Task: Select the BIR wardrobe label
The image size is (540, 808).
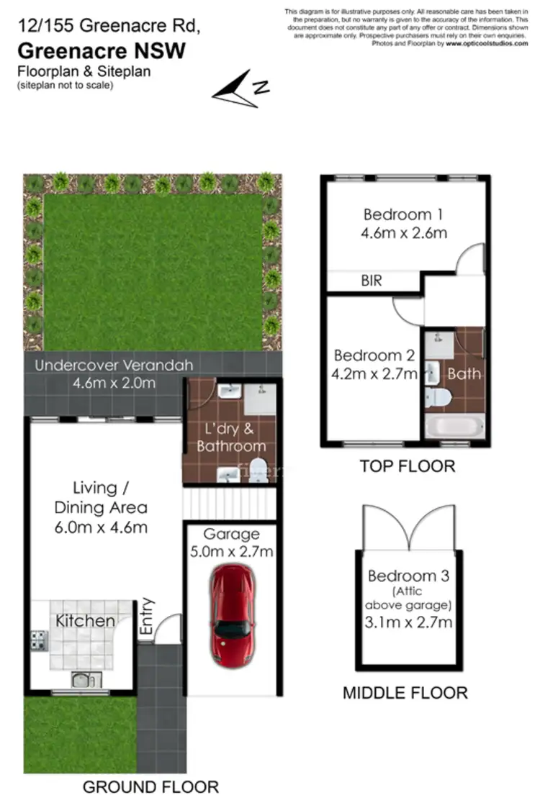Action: (372, 281)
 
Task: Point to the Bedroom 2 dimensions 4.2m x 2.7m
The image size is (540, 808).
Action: (375, 373)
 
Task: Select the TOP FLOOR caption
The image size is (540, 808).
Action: (407, 466)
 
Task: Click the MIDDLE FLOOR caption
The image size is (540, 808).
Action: (405, 693)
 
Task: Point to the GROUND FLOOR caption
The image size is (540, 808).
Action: (150, 786)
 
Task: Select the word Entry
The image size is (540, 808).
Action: (147, 617)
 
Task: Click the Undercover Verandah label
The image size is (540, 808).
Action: (114, 366)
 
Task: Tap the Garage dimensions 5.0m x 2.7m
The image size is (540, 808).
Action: (231, 553)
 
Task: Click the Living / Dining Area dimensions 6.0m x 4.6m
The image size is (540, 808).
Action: (101, 527)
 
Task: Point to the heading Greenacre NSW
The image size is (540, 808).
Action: (102, 51)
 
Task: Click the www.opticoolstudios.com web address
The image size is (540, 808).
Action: (487, 43)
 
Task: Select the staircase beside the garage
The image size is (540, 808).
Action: (229, 502)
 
